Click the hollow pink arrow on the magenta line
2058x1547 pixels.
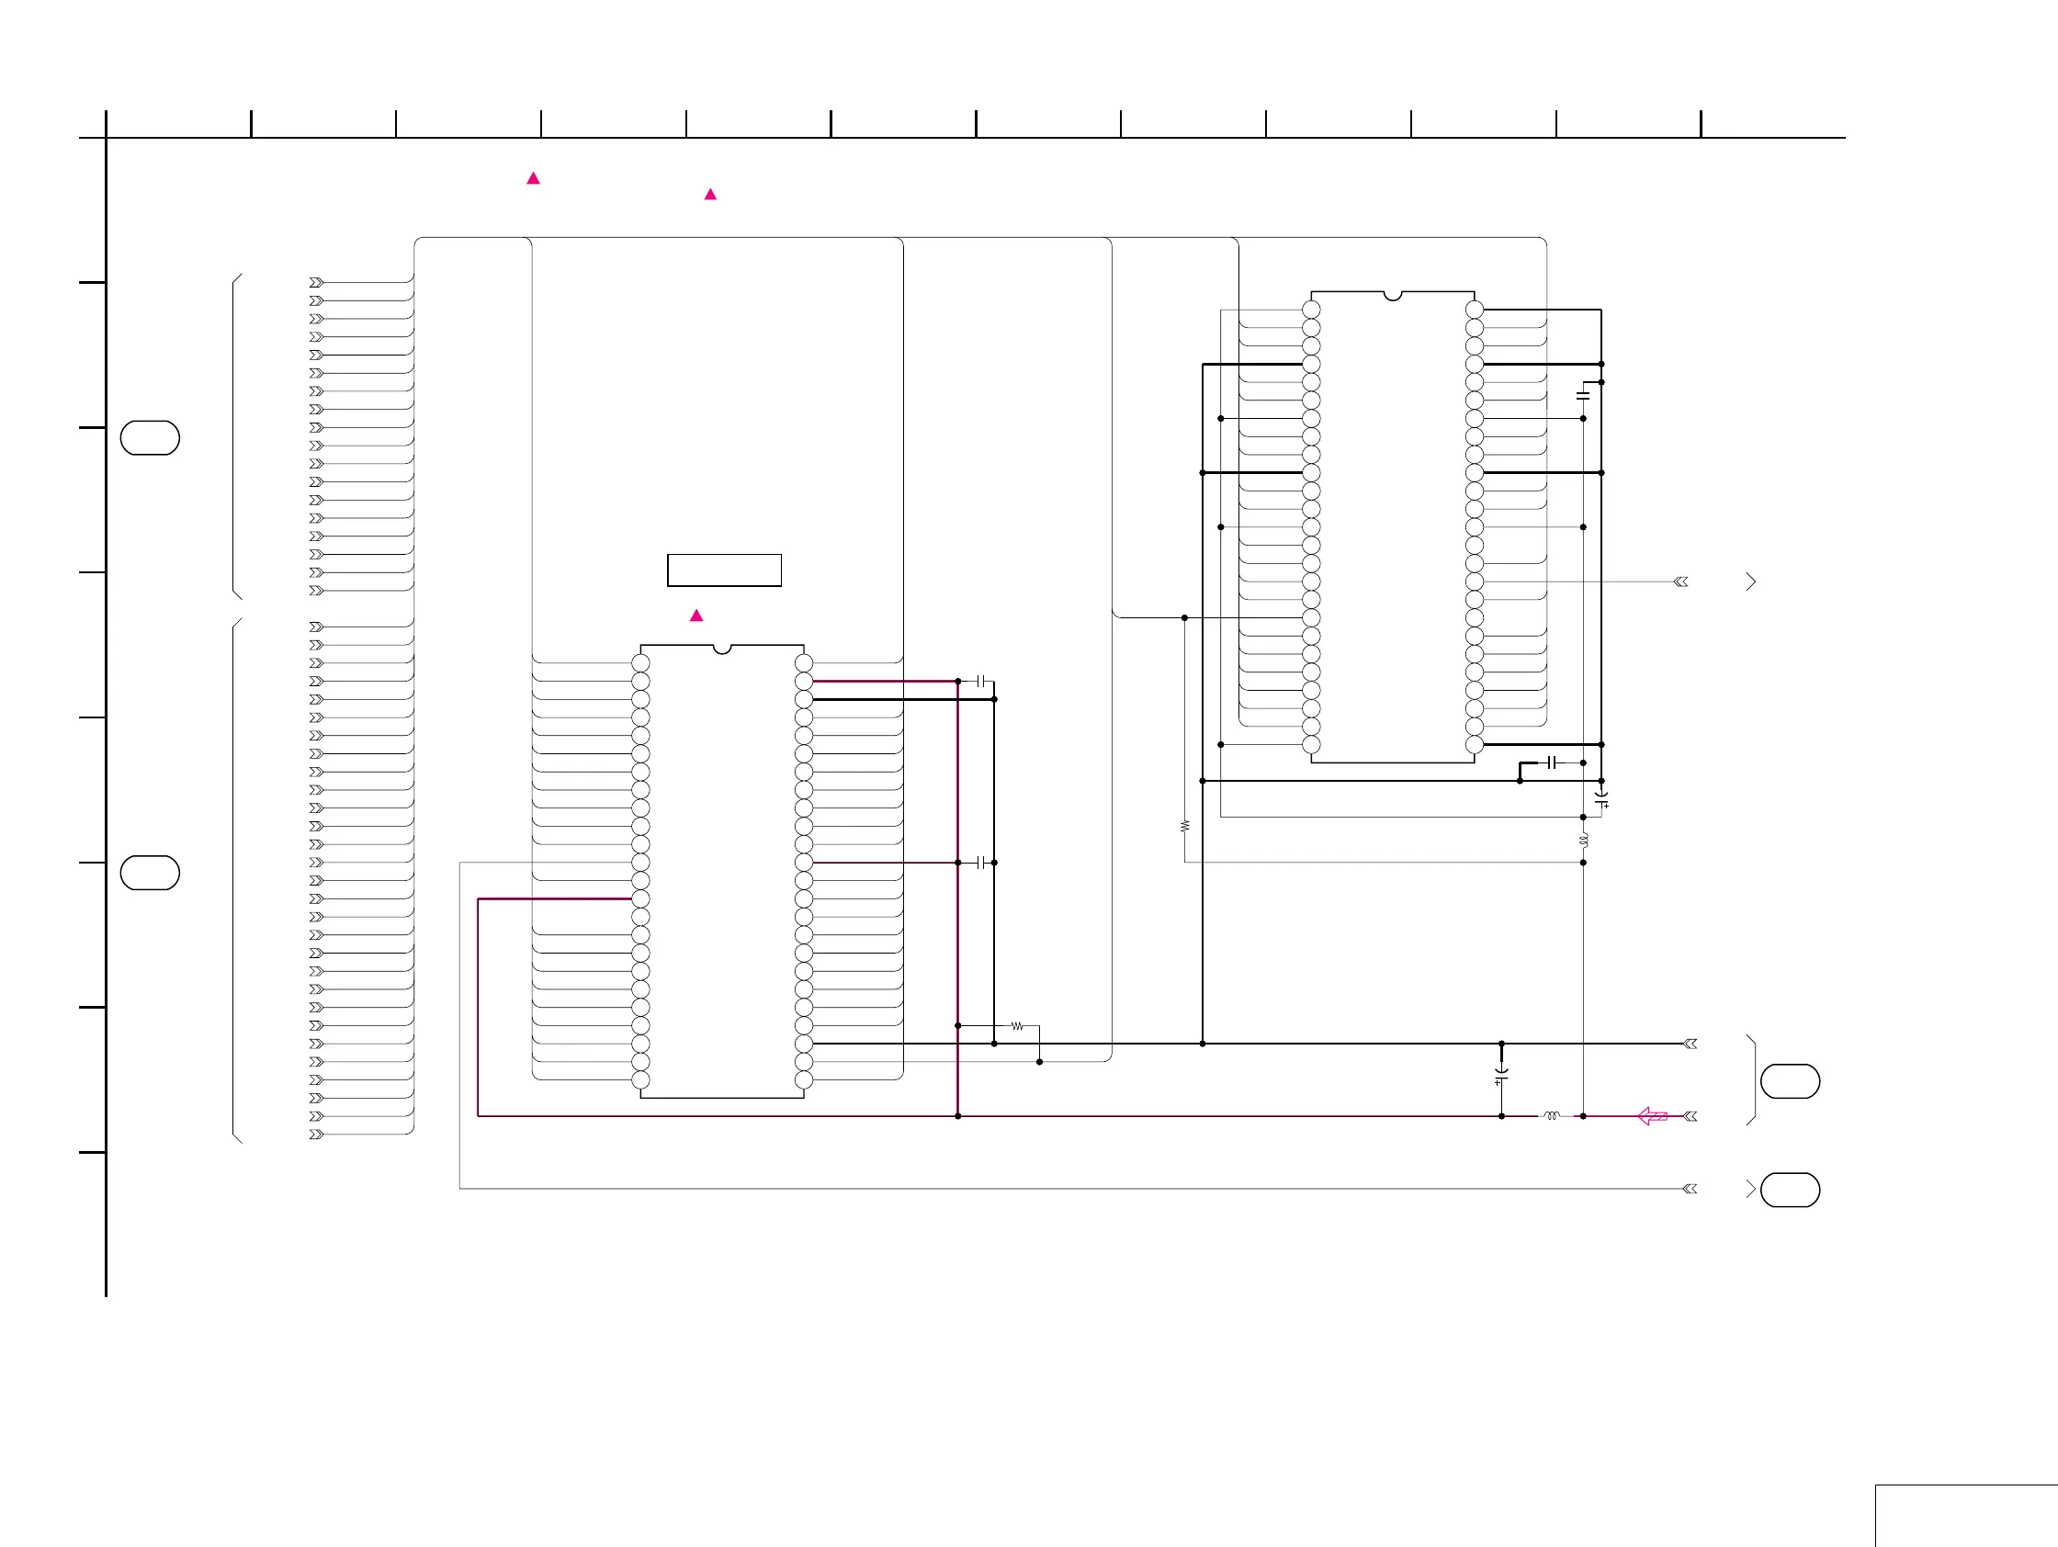1652,1116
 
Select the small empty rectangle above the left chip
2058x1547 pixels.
724,570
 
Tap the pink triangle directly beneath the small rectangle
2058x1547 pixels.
695,615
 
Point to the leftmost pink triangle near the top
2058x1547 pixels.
533,178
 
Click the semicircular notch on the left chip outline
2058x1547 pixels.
722,649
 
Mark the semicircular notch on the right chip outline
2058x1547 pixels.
1393,296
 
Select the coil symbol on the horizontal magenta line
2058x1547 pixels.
1551,1116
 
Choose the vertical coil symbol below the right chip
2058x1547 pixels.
1584,840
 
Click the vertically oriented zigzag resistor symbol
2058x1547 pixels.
1184,826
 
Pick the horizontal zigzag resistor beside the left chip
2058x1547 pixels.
1017,1026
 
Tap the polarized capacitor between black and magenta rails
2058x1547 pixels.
1501,1076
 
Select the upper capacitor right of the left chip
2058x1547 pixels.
980,681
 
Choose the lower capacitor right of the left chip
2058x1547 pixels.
980,864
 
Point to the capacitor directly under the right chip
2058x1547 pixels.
1551,762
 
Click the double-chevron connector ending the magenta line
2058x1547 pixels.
1690,1116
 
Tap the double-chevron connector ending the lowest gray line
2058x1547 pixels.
1690,1189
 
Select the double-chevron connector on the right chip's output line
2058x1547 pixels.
1681,582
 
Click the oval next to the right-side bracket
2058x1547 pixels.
1790,1081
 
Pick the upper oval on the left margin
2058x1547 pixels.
150,438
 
